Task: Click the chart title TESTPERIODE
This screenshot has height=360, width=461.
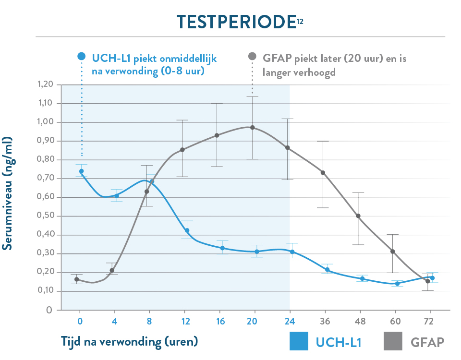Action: [235, 22]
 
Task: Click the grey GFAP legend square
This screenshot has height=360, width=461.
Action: [393, 342]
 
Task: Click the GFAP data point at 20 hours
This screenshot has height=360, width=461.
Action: [253, 128]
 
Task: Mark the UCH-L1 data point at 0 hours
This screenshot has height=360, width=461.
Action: [81, 171]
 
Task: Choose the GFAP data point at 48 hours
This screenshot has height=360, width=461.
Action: [358, 216]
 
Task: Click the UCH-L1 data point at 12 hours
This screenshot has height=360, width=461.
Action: [187, 230]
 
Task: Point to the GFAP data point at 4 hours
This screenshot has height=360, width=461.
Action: [111, 270]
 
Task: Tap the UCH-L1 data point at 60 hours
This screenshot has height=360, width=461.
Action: [397, 283]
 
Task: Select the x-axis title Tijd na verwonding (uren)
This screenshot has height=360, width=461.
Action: [130, 341]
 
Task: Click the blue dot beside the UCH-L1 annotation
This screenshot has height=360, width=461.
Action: [81, 56]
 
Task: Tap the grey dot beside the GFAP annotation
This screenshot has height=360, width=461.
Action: [252, 56]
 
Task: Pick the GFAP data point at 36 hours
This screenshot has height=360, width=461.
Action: [323, 173]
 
